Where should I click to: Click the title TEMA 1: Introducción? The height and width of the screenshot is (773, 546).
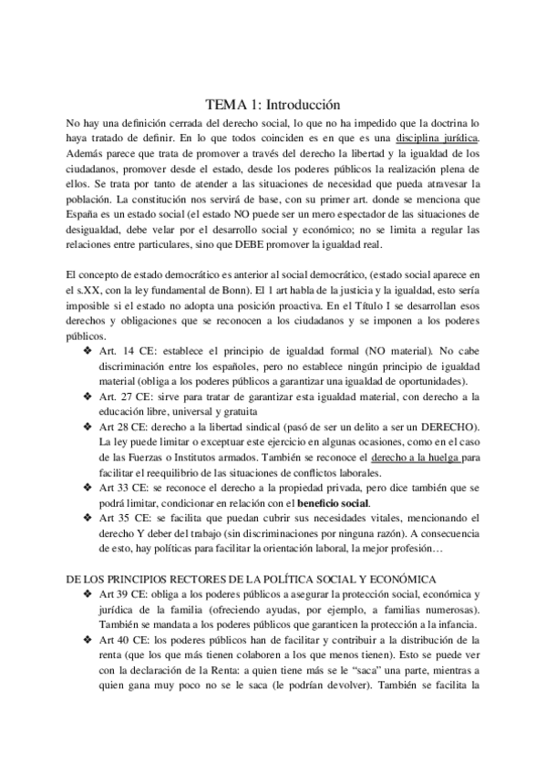tap(273, 104)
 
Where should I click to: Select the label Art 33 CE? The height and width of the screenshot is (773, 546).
tap(121, 489)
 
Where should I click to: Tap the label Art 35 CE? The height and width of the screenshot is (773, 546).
tap(121, 520)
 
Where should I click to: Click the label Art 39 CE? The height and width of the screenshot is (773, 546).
tap(121, 595)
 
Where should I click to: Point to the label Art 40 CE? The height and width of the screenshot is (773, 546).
tap(121, 642)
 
